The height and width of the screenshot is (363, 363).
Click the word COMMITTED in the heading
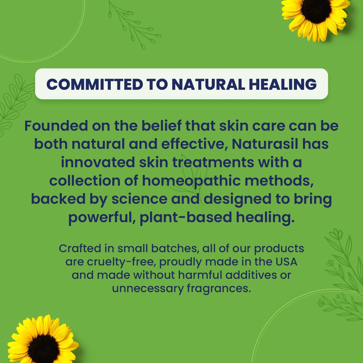pos(95,84)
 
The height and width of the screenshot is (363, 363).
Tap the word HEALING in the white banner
pos(283,84)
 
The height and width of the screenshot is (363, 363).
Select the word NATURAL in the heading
pos(208,84)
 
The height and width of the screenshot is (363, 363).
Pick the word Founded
pos(56,126)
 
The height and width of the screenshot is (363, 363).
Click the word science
pos(139,199)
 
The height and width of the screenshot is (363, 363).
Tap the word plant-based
pos(186,217)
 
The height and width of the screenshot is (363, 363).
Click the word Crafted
pos(80,248)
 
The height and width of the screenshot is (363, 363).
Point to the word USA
pos(286,262)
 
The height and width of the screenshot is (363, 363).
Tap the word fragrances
pos(219,288)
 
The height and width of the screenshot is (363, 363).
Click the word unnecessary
pos(148,288)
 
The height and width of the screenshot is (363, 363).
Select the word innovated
pos(98,162)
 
